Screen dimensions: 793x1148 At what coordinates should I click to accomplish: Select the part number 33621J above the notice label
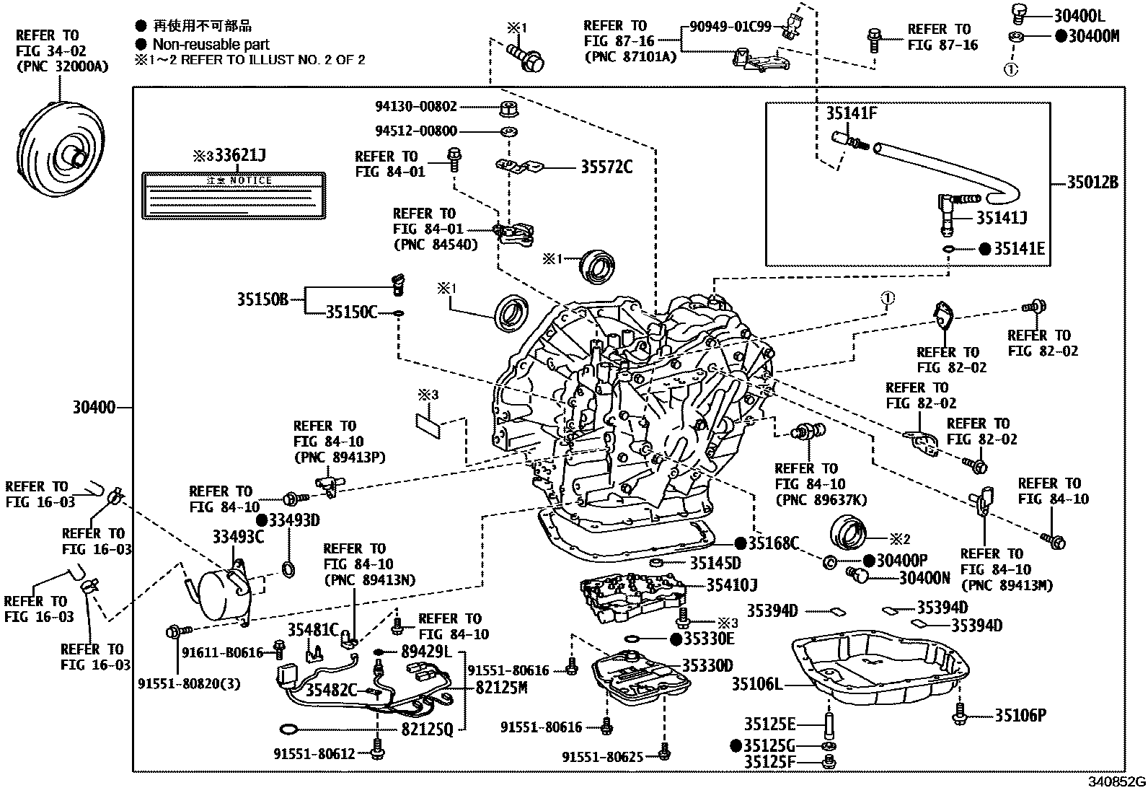pos(234,156)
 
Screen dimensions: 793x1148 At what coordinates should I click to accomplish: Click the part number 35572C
pos(606,167)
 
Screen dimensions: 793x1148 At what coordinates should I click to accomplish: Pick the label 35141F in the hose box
pos(851,113)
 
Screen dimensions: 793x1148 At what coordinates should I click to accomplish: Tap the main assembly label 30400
pos(94,408)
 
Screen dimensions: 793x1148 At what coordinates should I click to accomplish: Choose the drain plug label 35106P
pos(1020,715)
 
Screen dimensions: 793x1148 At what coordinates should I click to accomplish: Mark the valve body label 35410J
pos(731,584)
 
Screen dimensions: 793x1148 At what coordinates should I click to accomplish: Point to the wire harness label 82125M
pos(501,688)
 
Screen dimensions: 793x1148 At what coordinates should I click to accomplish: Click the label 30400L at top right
pos(1078,15)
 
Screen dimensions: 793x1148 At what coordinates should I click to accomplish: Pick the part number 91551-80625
pos(603,756)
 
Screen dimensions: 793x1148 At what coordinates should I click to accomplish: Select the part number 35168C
pos(773,543)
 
